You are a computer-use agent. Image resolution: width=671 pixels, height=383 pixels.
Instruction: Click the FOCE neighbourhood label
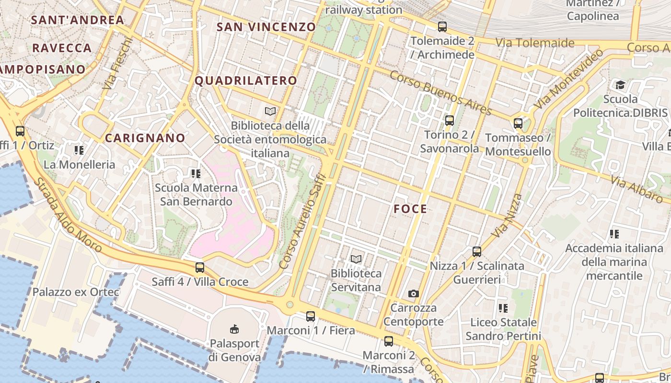point(410,209)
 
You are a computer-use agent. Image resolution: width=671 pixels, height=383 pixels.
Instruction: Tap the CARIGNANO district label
point(145,138)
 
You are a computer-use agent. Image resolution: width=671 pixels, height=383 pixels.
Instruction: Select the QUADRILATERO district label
point(246,80)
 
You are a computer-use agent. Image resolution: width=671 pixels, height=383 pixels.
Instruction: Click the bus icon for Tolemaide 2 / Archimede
point(442,27)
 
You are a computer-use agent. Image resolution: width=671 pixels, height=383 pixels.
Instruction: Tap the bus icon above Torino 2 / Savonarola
point(449,120)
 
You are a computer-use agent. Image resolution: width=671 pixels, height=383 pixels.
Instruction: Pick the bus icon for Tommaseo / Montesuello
point(518,123)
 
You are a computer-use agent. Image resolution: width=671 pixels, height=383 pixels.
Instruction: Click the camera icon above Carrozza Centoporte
point(413,293)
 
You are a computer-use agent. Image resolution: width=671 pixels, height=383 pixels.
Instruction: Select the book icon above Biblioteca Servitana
point(356,259)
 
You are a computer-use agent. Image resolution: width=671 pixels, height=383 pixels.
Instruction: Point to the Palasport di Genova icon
point(234,329)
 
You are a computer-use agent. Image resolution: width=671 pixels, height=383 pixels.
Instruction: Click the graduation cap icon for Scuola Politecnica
point(620,85)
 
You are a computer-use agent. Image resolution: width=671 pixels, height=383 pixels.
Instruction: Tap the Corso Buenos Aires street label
point(440,93)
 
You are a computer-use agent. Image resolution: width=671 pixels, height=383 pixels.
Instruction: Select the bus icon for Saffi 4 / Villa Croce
point(200,267)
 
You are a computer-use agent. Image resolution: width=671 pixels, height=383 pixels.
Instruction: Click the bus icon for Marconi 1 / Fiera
point(311,316)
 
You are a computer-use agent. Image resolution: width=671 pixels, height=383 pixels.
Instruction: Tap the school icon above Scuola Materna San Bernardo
point(196,173)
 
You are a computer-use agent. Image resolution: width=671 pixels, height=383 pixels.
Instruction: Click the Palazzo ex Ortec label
point(76,292)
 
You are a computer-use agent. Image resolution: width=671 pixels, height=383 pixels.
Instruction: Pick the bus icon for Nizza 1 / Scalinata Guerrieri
point(476,251)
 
